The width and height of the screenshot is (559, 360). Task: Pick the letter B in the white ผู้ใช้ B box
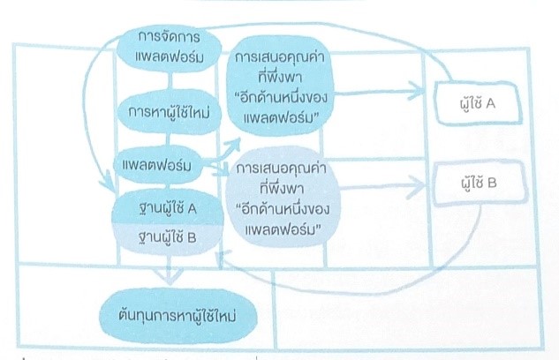[491, 185]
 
